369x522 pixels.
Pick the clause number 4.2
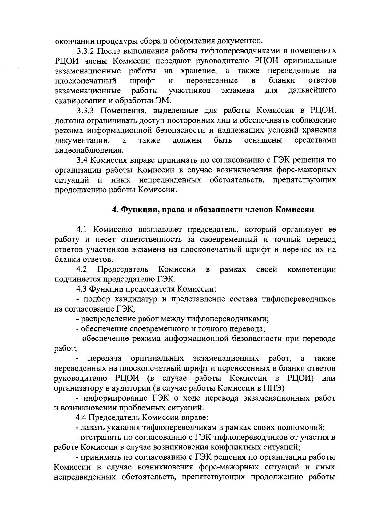[x=82, y=269]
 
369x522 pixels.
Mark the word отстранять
[x=99, y=437]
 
